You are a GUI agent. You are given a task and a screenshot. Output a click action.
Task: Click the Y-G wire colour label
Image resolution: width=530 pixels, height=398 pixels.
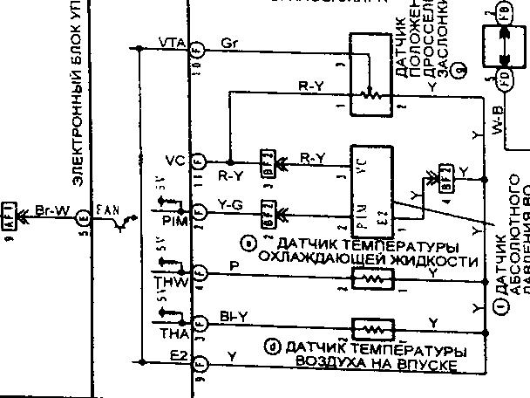coord(230,207)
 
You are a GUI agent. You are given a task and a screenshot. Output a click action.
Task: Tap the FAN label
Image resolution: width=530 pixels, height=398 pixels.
coord(107,209)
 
